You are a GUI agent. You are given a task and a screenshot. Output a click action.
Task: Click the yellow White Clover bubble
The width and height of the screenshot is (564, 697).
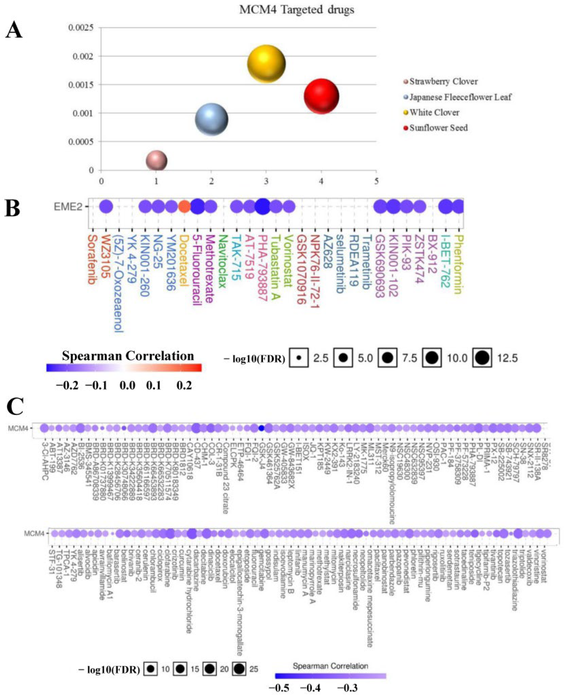[x=266, y=64]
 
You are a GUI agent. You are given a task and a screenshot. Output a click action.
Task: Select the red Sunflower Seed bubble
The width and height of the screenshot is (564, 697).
[x=321, y=97]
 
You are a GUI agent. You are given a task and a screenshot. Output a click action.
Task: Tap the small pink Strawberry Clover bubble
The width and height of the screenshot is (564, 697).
[x=156, y=161]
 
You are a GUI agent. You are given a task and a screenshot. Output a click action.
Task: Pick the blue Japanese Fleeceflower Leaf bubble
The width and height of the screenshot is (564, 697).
[x=212, y=119]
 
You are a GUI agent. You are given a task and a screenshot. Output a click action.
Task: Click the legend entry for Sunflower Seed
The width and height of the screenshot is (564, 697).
[x=438, y=128]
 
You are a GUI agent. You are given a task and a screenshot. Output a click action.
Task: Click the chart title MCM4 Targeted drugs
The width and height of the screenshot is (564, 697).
[x=297, y=9]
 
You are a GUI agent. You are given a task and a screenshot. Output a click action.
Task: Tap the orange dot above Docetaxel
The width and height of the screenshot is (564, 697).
[x=184, y=207]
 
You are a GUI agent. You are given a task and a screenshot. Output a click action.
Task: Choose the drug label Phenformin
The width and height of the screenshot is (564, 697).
[x=458, y=265]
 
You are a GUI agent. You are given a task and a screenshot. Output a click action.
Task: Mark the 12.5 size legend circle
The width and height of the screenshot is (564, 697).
[x=482, y=358]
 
